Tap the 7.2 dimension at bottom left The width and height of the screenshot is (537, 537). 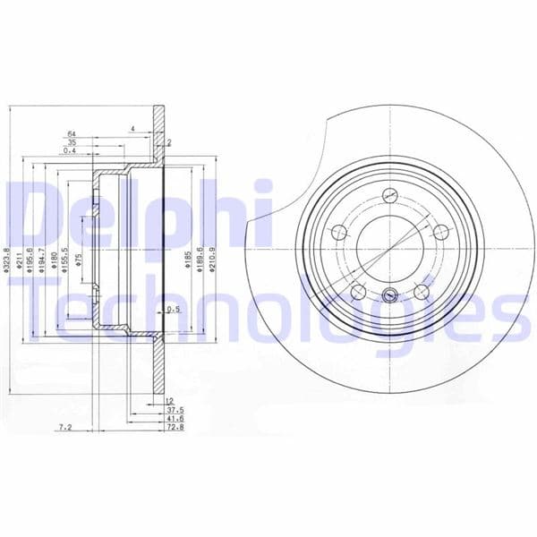click(x=65, y=429)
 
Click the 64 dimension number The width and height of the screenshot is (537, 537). click(x=71, y=134)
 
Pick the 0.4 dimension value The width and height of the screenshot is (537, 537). click(x=71, y=150)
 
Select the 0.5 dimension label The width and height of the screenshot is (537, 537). click(x=174, y=310)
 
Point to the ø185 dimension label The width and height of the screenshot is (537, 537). click(x=186, y=260)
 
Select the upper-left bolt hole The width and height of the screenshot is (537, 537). click(x=339, y=233)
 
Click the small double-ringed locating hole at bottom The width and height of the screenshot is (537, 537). click(x=388, y=297)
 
